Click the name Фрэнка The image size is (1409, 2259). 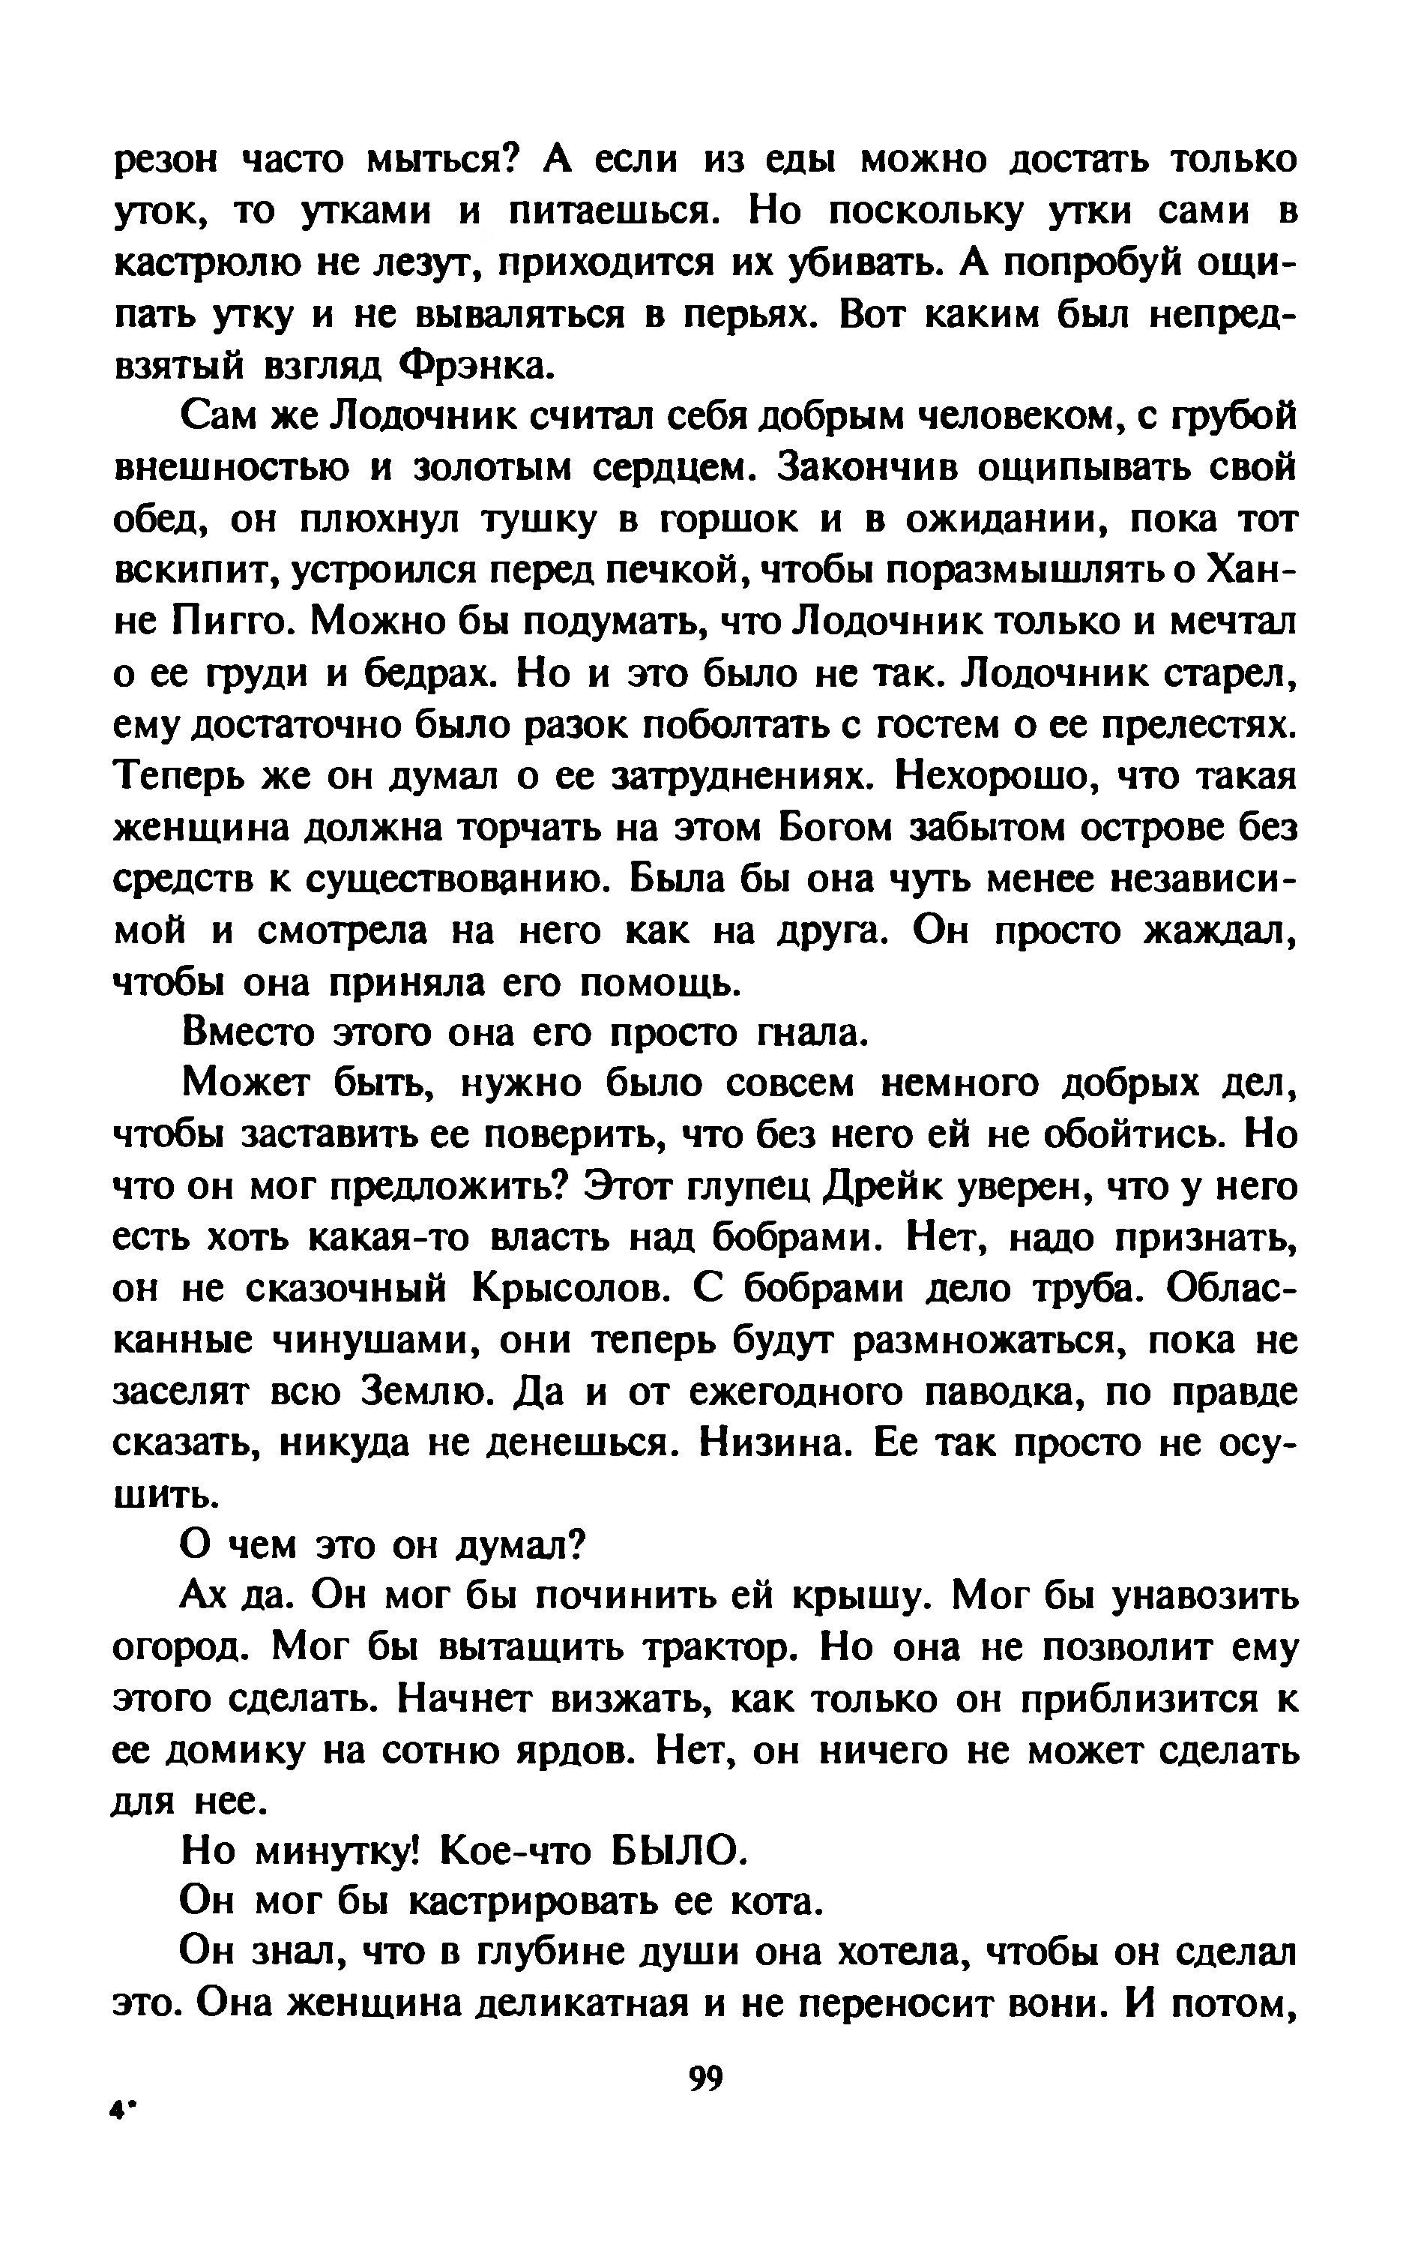click(x=475, y=366)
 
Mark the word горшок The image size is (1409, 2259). click(x=728, y=519)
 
